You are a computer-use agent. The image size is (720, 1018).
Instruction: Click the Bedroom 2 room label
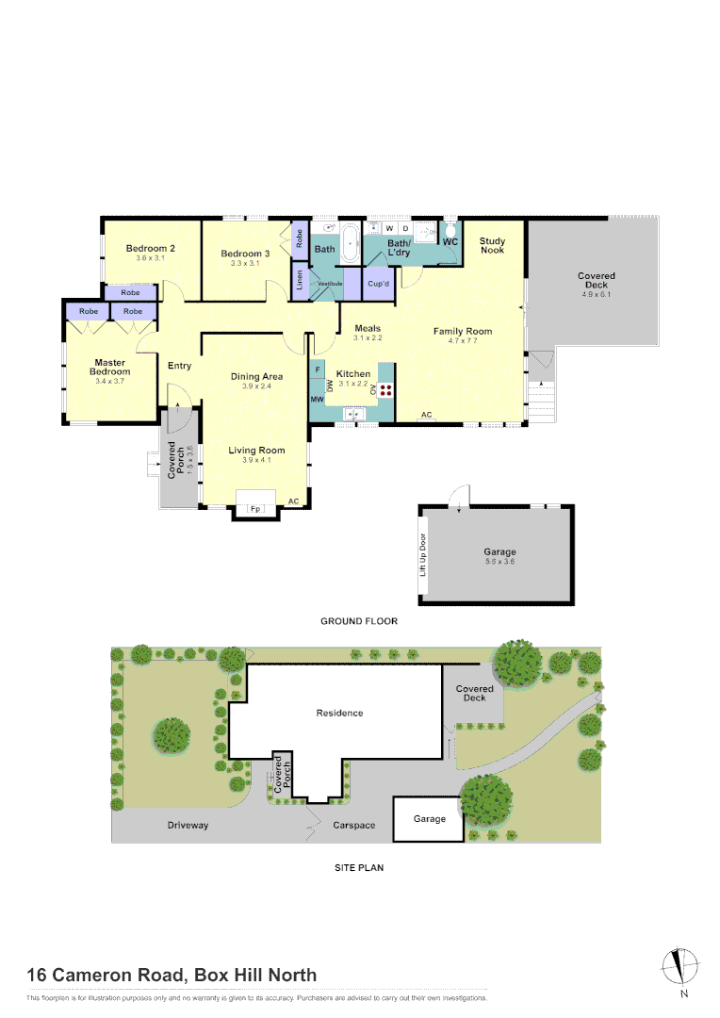tap(151, 248)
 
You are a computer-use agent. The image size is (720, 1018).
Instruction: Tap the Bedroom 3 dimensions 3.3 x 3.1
tap(245, 264)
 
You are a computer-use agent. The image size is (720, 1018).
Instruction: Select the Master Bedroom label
tap(110, 367)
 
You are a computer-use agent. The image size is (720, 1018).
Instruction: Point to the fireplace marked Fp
tap(254, 509)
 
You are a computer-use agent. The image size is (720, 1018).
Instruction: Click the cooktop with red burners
tap(386, 389)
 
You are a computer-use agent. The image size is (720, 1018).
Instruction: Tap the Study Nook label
tap(492, 246)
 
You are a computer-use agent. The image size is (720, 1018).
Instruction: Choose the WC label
tap(450, 242)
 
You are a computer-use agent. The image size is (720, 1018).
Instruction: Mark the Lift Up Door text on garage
tap(423, 556)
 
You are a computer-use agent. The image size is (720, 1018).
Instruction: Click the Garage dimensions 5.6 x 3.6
tap(499, 562)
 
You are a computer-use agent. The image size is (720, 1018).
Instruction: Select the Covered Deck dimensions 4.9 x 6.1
tap(596, 294)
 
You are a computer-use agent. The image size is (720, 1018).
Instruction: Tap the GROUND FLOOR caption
tap(359, 621)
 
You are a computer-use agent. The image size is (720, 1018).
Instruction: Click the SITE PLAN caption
tap(359, 867)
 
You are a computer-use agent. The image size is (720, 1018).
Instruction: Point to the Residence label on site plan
tap(339, 713)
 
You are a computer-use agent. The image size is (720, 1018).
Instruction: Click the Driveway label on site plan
tap(188, 825)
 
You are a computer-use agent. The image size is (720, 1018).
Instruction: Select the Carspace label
tap(353, 825)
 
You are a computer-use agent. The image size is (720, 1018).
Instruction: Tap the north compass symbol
tap(683, 966)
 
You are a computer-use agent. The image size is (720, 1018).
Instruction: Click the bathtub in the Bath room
tap(350, 244)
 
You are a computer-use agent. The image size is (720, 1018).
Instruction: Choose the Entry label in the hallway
tap(179, 366)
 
